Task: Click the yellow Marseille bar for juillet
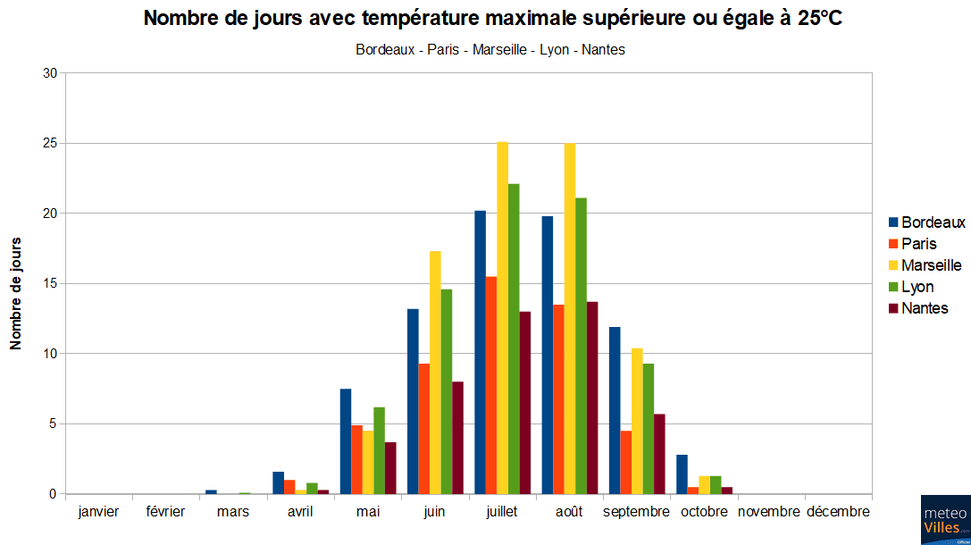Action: tap(503, 317)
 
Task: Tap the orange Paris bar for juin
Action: tap(424, 429)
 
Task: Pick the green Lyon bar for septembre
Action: tap(649, 429)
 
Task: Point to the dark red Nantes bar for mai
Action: tap(390, 468)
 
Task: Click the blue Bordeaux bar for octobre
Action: tap(682, 474)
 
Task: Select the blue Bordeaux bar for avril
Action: tap(278, 482)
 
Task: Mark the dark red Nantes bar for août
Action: tap(592, 398)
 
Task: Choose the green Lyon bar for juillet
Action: tap(514, 339)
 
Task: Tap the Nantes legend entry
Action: tap(925, 308)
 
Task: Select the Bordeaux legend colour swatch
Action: tap(893, 222)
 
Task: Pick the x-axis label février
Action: tap(166, 512)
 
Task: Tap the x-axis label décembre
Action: tap(838, 512)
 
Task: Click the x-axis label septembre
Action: tap(636, 512)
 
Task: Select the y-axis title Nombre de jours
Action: tap(15, 293)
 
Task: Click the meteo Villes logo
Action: tap(945, 520)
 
